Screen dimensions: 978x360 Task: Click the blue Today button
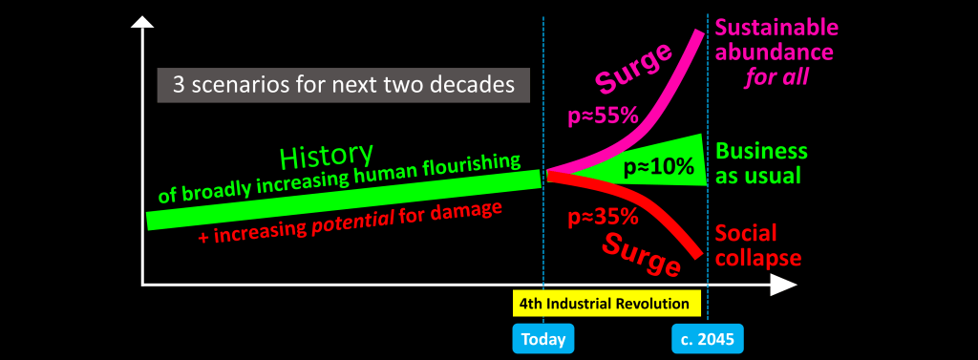[x=543, y=339]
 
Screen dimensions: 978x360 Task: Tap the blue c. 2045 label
[x=708, y=339]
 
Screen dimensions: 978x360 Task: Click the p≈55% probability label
[x=603, y=116]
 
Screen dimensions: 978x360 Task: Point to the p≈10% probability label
[x=659, y=166]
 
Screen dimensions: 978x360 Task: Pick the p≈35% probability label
[x=603, y=217]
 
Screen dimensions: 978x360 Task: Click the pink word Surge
[x=633, y=68]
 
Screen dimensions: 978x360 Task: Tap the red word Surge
[x=642, y=253]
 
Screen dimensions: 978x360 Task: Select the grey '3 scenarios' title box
[x=344, y=85]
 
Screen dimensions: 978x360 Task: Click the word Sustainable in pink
[x=776, y=28]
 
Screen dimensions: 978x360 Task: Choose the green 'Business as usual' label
[x=761, y=163]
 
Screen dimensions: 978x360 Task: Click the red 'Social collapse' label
[x=757, y=245]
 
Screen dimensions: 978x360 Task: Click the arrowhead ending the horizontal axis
[x=784, y=286]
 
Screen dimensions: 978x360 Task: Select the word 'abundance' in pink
[x=774, y=53]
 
